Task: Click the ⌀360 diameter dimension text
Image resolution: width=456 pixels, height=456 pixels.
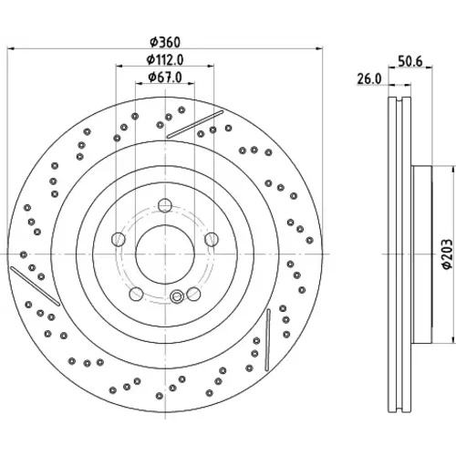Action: [166, 42]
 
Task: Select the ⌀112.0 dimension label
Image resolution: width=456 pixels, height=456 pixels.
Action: [165, 60]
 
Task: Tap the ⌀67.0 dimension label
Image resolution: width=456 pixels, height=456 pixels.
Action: [165, 78]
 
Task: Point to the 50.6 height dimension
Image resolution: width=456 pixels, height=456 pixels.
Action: [410, 61]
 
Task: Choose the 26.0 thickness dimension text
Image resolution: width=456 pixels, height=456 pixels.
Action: [368, 79]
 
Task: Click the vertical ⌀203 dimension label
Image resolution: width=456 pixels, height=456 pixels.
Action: [448, 254]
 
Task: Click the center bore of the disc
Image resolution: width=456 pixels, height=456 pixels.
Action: [165, 254]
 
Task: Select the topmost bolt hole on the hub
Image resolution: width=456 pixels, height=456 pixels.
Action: [165, 204]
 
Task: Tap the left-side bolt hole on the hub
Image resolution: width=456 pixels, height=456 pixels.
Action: [119, 239]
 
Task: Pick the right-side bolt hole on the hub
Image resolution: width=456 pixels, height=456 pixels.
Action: [212, 239]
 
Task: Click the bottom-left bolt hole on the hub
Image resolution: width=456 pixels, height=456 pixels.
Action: [136, 294]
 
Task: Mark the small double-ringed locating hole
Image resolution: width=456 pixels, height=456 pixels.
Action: [176, 296]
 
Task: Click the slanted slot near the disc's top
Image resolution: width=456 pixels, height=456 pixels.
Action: [195, 125]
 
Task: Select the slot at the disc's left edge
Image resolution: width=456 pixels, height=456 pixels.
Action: [35, 285]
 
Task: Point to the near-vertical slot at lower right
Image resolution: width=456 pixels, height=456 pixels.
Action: [267, 340]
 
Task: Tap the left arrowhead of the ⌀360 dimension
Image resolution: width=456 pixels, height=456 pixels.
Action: [10, 48]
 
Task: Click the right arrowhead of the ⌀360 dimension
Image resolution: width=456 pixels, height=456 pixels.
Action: [319, 48]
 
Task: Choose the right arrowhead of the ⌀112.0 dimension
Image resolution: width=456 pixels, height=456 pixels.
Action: [211, 66]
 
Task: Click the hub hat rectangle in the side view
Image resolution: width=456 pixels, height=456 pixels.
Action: [421, 254]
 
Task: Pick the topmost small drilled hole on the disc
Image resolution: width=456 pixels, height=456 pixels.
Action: [181, 109]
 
